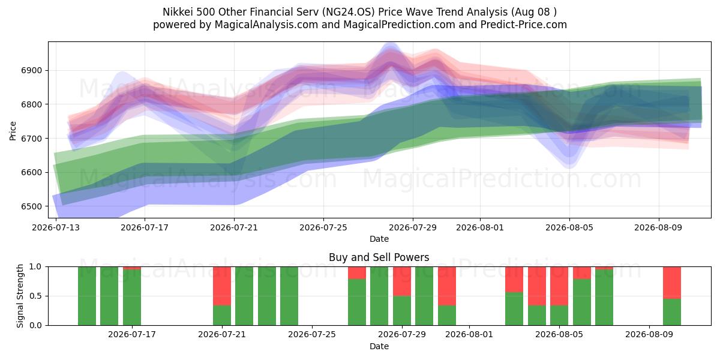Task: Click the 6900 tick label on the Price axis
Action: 31,70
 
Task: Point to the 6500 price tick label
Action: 31,206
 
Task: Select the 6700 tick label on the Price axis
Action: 31,139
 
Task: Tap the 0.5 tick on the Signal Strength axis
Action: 35,296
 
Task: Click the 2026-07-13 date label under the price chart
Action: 56,227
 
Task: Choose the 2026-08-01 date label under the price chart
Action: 480,227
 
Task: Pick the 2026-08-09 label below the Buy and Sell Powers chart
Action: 649,335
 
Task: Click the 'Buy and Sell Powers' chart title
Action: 379,257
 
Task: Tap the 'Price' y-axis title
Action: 13,131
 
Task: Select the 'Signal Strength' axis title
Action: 20,296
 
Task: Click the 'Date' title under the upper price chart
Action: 379,239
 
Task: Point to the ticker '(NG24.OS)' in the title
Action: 349,12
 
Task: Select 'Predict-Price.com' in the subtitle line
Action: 524,25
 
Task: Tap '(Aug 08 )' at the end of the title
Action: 533,12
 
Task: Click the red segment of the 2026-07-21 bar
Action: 222,286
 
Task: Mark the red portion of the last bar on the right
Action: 672,283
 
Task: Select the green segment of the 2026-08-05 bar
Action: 559,316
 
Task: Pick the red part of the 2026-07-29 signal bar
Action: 402,281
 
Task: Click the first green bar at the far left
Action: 87,296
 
